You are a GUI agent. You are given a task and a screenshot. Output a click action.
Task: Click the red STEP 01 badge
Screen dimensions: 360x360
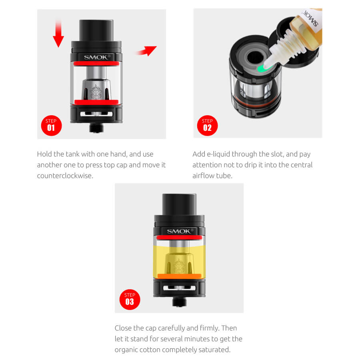[x=51, y=125]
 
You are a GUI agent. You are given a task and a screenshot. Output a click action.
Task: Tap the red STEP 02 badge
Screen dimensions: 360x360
[x=207, y=125]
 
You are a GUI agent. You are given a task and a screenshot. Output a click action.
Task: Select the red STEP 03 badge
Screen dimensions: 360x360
[x=130, y=299]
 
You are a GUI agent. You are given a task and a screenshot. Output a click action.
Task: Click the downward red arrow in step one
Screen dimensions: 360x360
[x=58, y=34]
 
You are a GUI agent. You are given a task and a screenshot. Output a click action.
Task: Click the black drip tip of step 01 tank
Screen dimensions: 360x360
[x=96, y=30]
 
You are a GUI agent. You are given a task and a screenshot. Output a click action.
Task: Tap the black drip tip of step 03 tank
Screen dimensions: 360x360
[x=179, y=204]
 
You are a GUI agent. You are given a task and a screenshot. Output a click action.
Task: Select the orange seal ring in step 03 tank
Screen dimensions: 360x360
[x=179, y=276]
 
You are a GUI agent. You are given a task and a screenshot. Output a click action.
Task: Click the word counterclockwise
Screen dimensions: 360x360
[x=65, y=176]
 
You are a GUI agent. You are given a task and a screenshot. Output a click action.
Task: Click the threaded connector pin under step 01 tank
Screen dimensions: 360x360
[x=96, y=128]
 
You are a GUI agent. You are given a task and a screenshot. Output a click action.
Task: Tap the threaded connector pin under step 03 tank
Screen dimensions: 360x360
[x=179, y=302]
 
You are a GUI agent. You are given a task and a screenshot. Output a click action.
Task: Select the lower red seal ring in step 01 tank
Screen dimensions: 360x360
[x=96, y=102]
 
